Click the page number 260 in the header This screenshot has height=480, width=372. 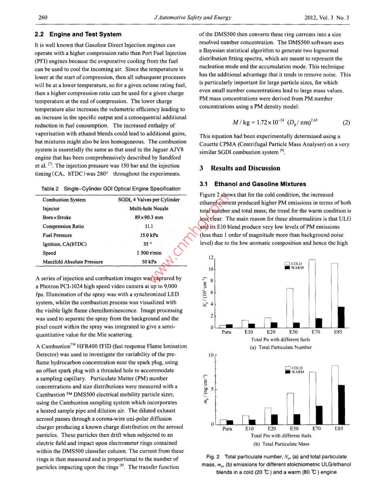pos(43,17)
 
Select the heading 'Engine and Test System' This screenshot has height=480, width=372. pos(85,34)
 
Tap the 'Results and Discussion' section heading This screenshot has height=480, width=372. pos(245,168)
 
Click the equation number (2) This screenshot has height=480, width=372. pos(346,123)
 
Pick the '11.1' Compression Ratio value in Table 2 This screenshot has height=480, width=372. pos(149,226)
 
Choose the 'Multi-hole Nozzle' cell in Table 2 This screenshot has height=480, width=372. pos(149,209)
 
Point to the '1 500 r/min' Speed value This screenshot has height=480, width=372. pos(149,253)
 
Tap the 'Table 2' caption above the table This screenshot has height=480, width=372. pos(111,189)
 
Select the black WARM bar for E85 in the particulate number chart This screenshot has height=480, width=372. pos(341,317)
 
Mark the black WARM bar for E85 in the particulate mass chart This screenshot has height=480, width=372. pos(341,404)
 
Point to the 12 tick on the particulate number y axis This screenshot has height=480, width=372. pos(211,257)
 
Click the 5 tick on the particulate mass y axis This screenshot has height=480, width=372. pos(212,389)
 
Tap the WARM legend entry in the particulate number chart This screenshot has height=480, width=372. pos(294,268)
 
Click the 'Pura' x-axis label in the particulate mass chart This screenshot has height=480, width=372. pos(227,429)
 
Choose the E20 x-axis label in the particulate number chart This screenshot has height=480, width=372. pos(271,332)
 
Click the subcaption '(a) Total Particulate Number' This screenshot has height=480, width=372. pos(281,347)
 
